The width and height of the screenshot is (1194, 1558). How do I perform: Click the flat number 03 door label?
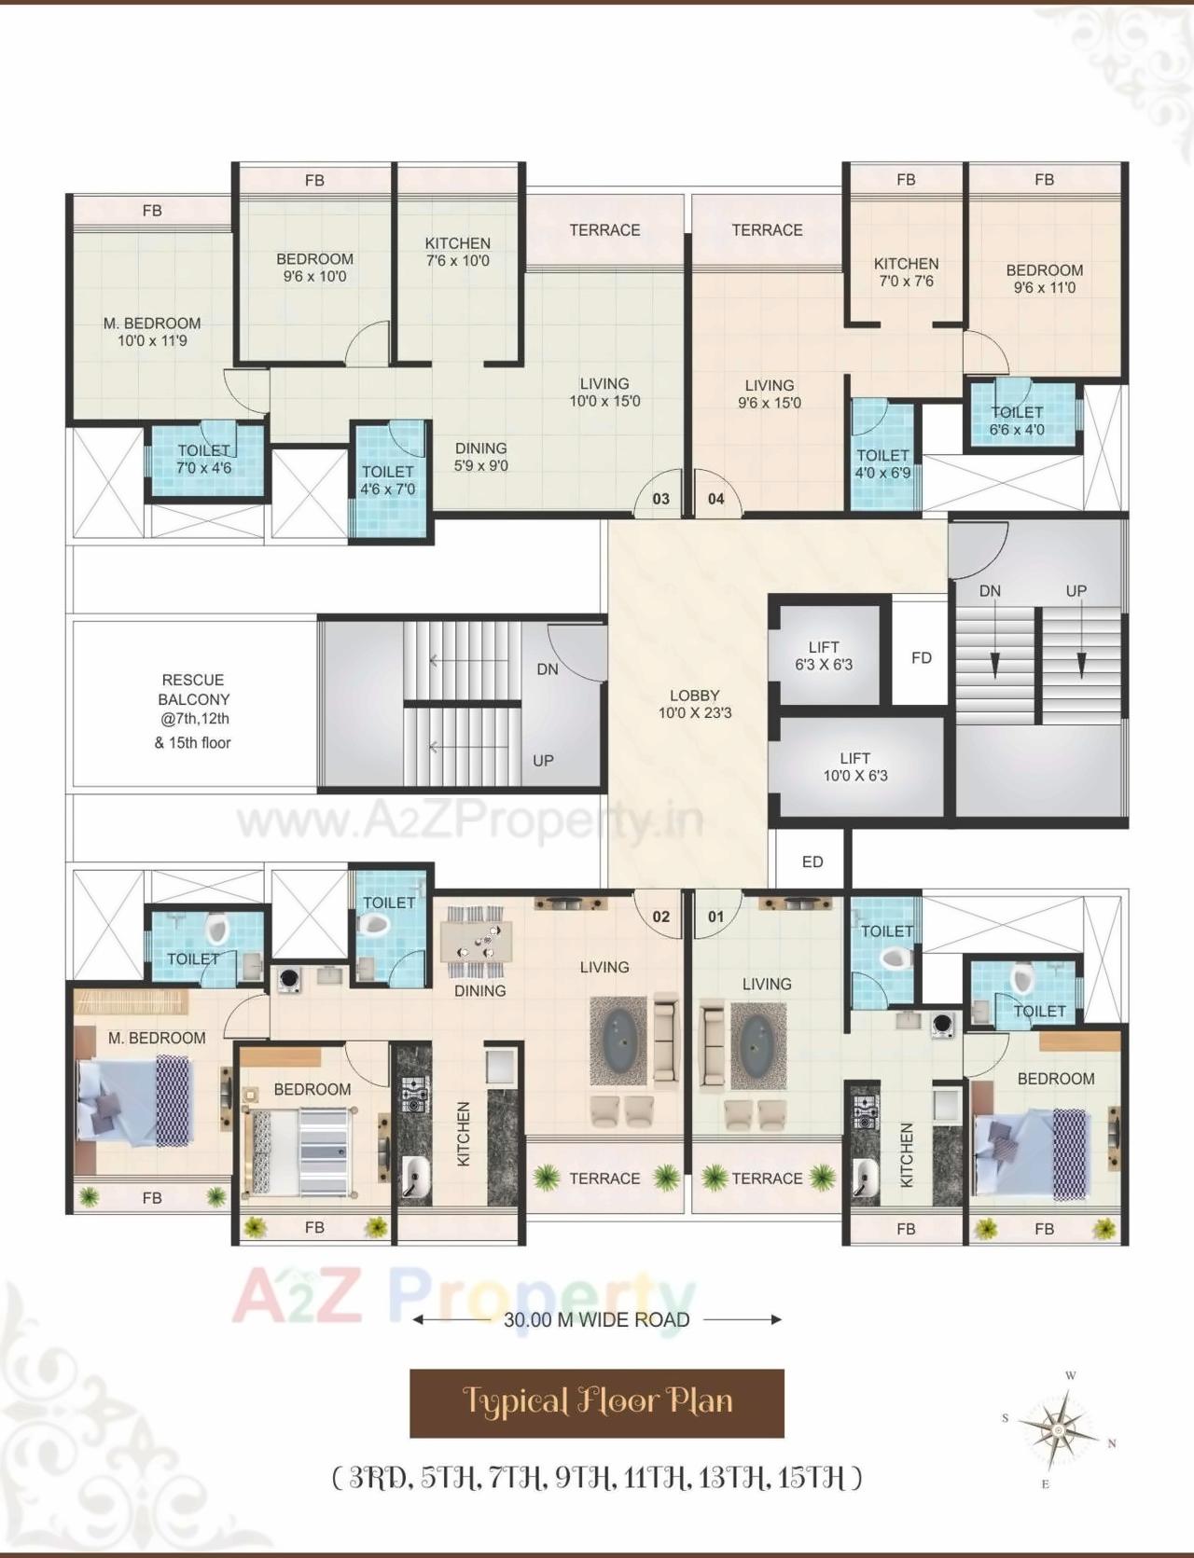pos(660,499)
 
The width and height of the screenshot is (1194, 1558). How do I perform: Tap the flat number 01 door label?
pos(715,917)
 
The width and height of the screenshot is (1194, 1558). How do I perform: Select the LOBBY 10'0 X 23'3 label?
pos(694,704)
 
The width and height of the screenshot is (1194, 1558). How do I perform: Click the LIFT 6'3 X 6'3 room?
pos(824,655)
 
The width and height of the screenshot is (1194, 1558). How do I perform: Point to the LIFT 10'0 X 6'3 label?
pos(854,766)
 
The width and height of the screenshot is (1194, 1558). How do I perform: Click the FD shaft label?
pos(921,657)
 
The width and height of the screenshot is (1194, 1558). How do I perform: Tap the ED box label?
pos(812,862)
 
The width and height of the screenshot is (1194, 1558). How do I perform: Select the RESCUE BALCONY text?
pos(193,690)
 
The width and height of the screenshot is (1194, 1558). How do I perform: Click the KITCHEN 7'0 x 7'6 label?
pos(906,272)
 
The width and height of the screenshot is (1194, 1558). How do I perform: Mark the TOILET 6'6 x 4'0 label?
pos(1017,421)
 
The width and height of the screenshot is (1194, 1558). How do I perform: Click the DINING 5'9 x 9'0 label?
pos(480,457)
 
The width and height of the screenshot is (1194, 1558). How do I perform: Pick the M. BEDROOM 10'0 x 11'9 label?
pos(152,332)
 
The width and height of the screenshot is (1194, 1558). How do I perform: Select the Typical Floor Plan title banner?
pos(597,1402)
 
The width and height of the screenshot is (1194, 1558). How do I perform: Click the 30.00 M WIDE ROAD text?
pos(597,1319)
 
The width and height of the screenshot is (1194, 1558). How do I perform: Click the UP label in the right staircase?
pos(1076,591)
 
